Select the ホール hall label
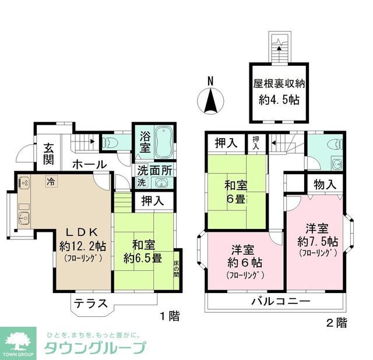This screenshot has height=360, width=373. (x=89, y=164)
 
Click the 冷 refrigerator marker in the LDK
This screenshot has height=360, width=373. (x=51, y=181)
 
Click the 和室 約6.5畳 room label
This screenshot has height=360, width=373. (x=142, y=252)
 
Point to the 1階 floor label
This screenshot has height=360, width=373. (x=170, y=316)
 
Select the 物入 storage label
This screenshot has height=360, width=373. (x=325, y=184)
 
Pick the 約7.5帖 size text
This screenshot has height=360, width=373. (x=315, y=241)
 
